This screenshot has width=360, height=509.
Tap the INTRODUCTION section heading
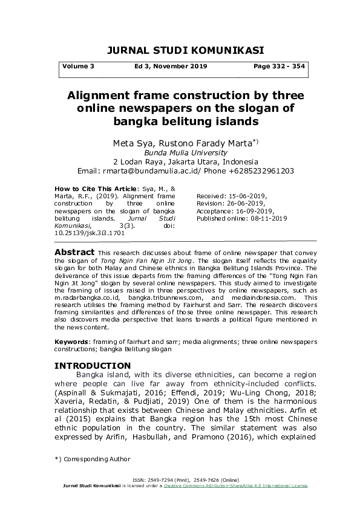tap(93, 366)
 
